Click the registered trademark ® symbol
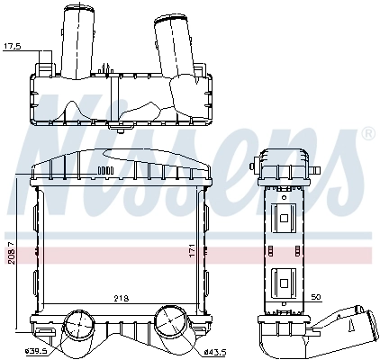pyautogui.click(x=367, y=134)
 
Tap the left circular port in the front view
pyautogui.click(x=78, y=323)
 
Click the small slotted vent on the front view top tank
pyautogui.click(x=105, y=169)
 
